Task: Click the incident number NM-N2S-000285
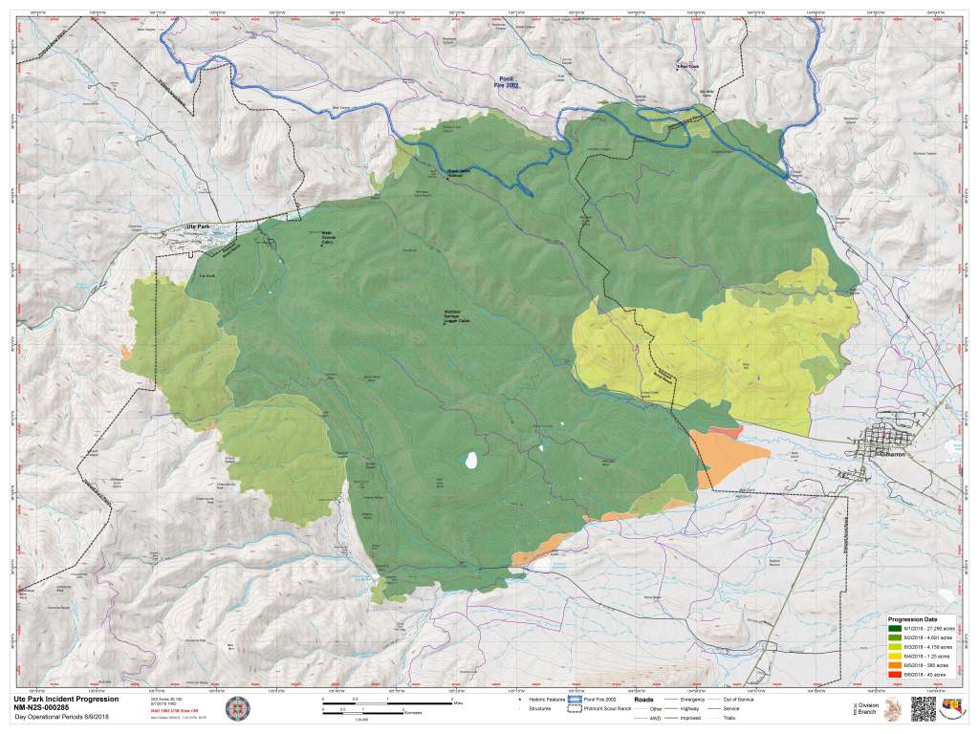coord(50,708)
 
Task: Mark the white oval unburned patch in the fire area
coord(470,461)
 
